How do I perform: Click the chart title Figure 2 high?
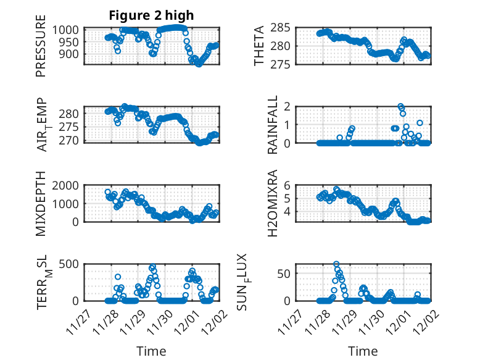coord(151,15)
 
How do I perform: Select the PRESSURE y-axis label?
coord(41,51)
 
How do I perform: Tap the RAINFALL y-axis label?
coord(273,125)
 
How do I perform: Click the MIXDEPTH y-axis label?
coord(41,203)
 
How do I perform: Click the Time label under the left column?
coord(151,351)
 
